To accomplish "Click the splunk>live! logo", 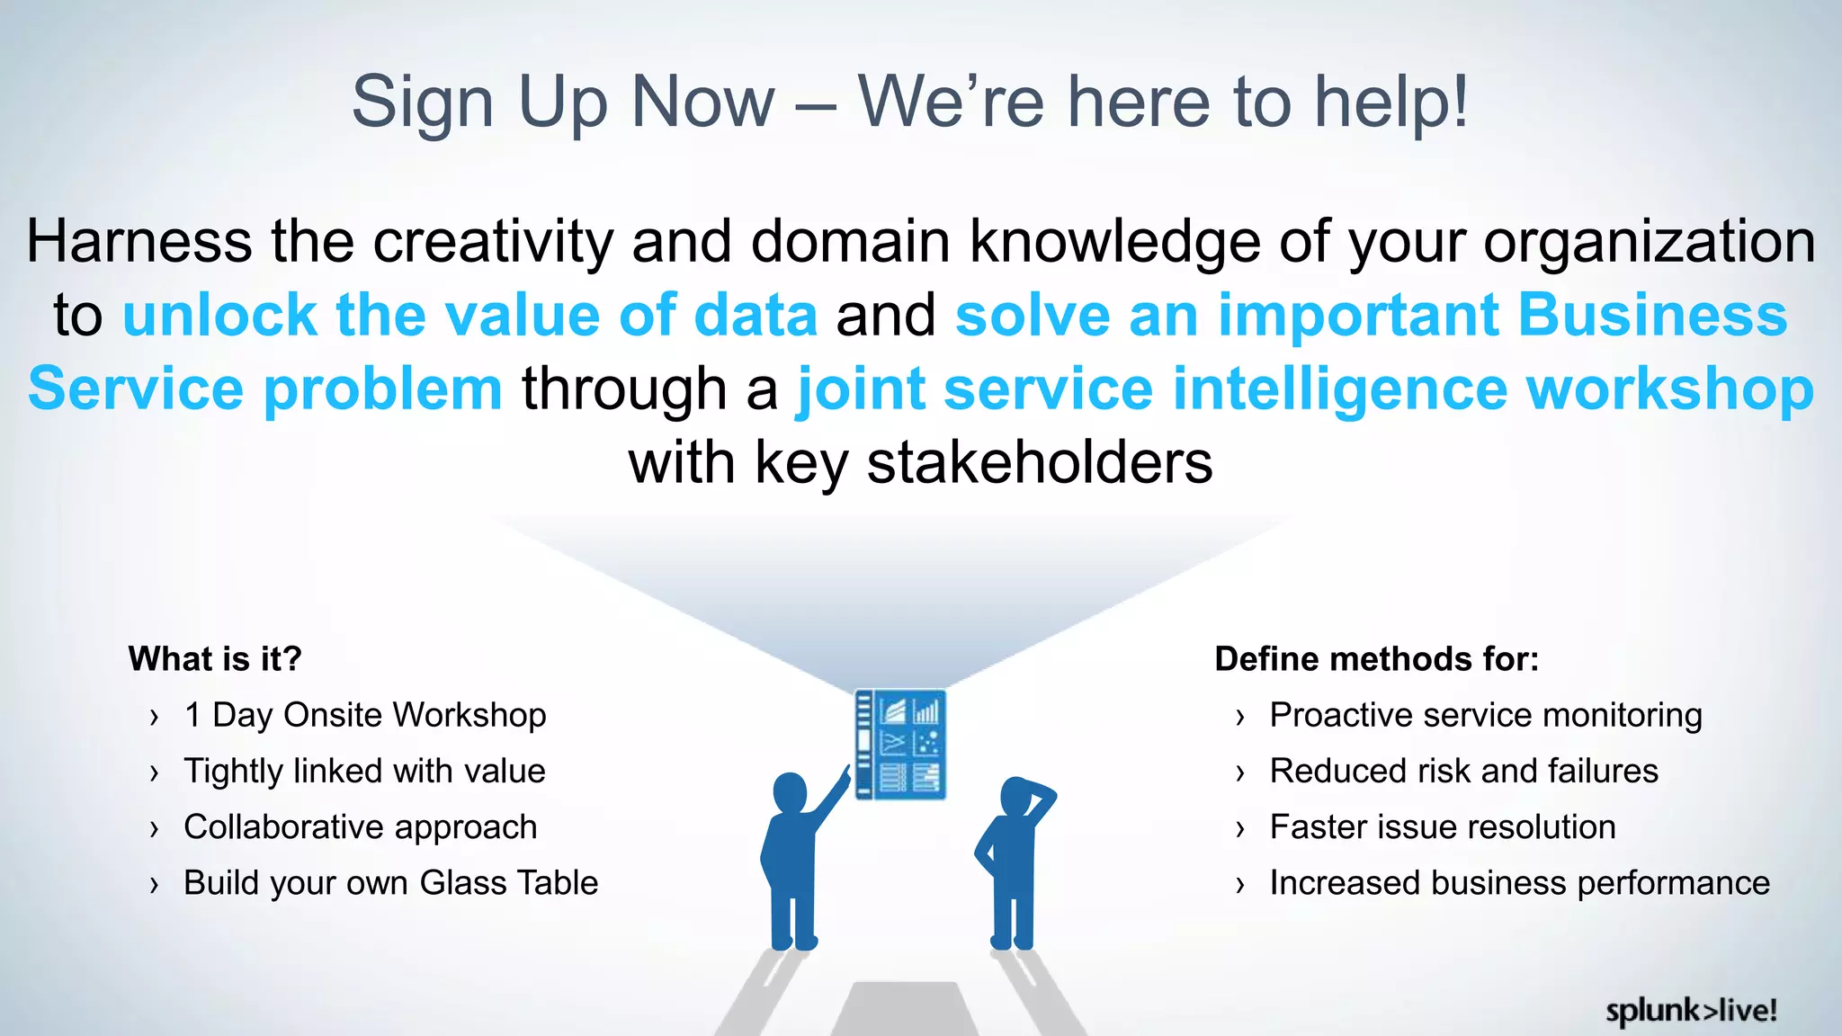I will [1691, 1011].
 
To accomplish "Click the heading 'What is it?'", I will [215, 659].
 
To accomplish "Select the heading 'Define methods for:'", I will [1376, 659].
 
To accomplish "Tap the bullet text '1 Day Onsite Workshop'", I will [365, 715].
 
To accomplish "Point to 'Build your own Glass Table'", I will [390, 883].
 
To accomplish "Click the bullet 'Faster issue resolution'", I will [1442, 827].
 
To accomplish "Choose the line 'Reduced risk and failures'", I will [1463, 772].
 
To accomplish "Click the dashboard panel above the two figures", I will [899, 745].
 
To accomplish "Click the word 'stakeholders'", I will [1039, 463].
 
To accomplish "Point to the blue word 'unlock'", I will [219, 316].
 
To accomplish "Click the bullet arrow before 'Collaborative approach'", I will [155, 828].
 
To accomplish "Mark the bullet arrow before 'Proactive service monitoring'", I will [1240, 717].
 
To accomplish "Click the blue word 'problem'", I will [382, 389].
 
